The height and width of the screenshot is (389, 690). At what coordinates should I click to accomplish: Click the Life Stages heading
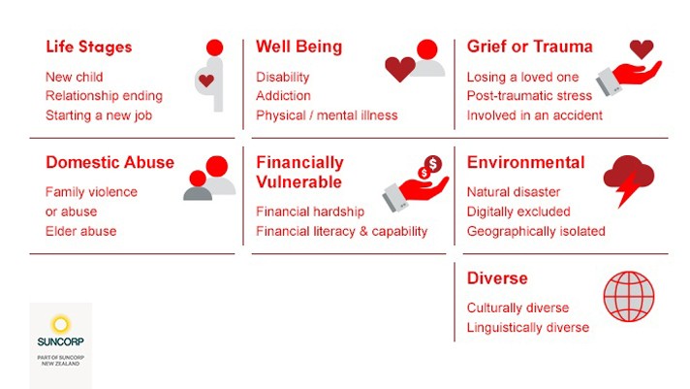point(89,48)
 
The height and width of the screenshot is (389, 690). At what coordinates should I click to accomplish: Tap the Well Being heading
point(299,47)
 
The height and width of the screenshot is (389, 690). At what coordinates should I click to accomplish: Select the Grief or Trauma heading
point(530,47)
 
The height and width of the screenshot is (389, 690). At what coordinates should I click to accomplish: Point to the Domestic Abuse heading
point(110,162)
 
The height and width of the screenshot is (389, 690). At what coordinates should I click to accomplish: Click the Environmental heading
point(526,162)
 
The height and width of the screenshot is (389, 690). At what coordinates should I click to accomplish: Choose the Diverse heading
point(497,278)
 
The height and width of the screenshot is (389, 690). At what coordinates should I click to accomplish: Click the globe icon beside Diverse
point(629,296)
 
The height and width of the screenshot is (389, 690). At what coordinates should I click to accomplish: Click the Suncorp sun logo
point(61,325)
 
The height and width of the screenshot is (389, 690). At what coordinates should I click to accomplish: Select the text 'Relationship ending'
point(105,96)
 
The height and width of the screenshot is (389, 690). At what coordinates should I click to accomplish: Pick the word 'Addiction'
point(283,96)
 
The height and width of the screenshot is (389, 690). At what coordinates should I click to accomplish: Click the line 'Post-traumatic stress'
point(529,96)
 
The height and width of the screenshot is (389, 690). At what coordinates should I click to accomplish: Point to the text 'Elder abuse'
point(81,231)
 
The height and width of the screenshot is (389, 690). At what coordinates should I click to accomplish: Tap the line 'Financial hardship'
point(310,211)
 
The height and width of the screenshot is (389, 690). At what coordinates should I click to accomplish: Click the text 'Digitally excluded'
point(518,211)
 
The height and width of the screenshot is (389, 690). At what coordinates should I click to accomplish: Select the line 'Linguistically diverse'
point(528,327)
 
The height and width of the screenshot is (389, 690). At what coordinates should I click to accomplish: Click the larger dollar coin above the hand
point(433,164)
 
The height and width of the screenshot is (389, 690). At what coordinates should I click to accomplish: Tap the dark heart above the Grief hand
point(642,49)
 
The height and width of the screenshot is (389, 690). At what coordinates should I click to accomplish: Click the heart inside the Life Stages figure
point(206,81)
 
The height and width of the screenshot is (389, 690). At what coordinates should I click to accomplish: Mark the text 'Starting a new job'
point(99,115)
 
